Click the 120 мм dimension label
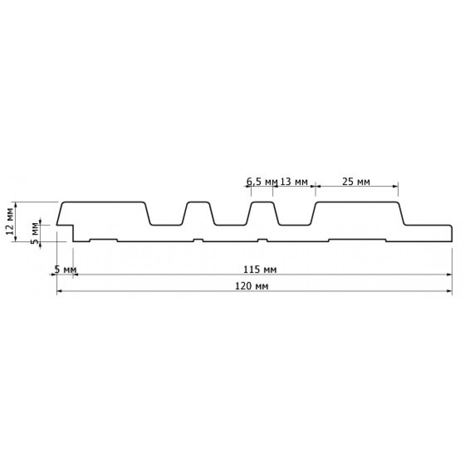point(252,286)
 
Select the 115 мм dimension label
point(260,270)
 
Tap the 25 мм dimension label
point(356,181)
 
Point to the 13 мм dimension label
point(293,181)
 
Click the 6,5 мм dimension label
point(262,181)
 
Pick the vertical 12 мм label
point(9,221)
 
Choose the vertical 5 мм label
point(35,233)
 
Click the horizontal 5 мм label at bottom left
point(65,270)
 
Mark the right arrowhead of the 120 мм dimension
point(449,291)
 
